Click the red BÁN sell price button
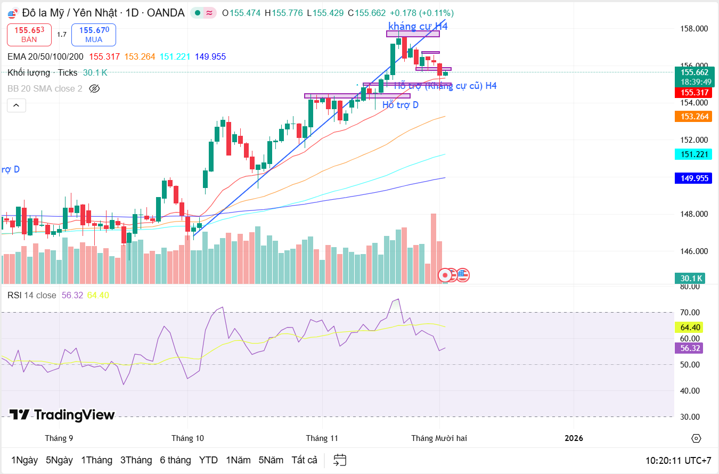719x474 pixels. click(x=29, y=35)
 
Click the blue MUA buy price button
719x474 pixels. click(x=94, y=35)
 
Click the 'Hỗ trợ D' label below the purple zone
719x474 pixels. click(x=400, y=105)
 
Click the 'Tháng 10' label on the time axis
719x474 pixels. click(x=187, y=438)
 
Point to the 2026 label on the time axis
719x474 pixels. click(x=574, y=438)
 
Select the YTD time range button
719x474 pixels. click(x=208, y=460)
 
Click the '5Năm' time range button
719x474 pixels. click(x=271, y=460)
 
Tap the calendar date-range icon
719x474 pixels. click(x=340, y=460)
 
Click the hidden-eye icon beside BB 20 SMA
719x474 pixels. click(x=94, y=88)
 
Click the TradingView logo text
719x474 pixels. click(x=62, y=415)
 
